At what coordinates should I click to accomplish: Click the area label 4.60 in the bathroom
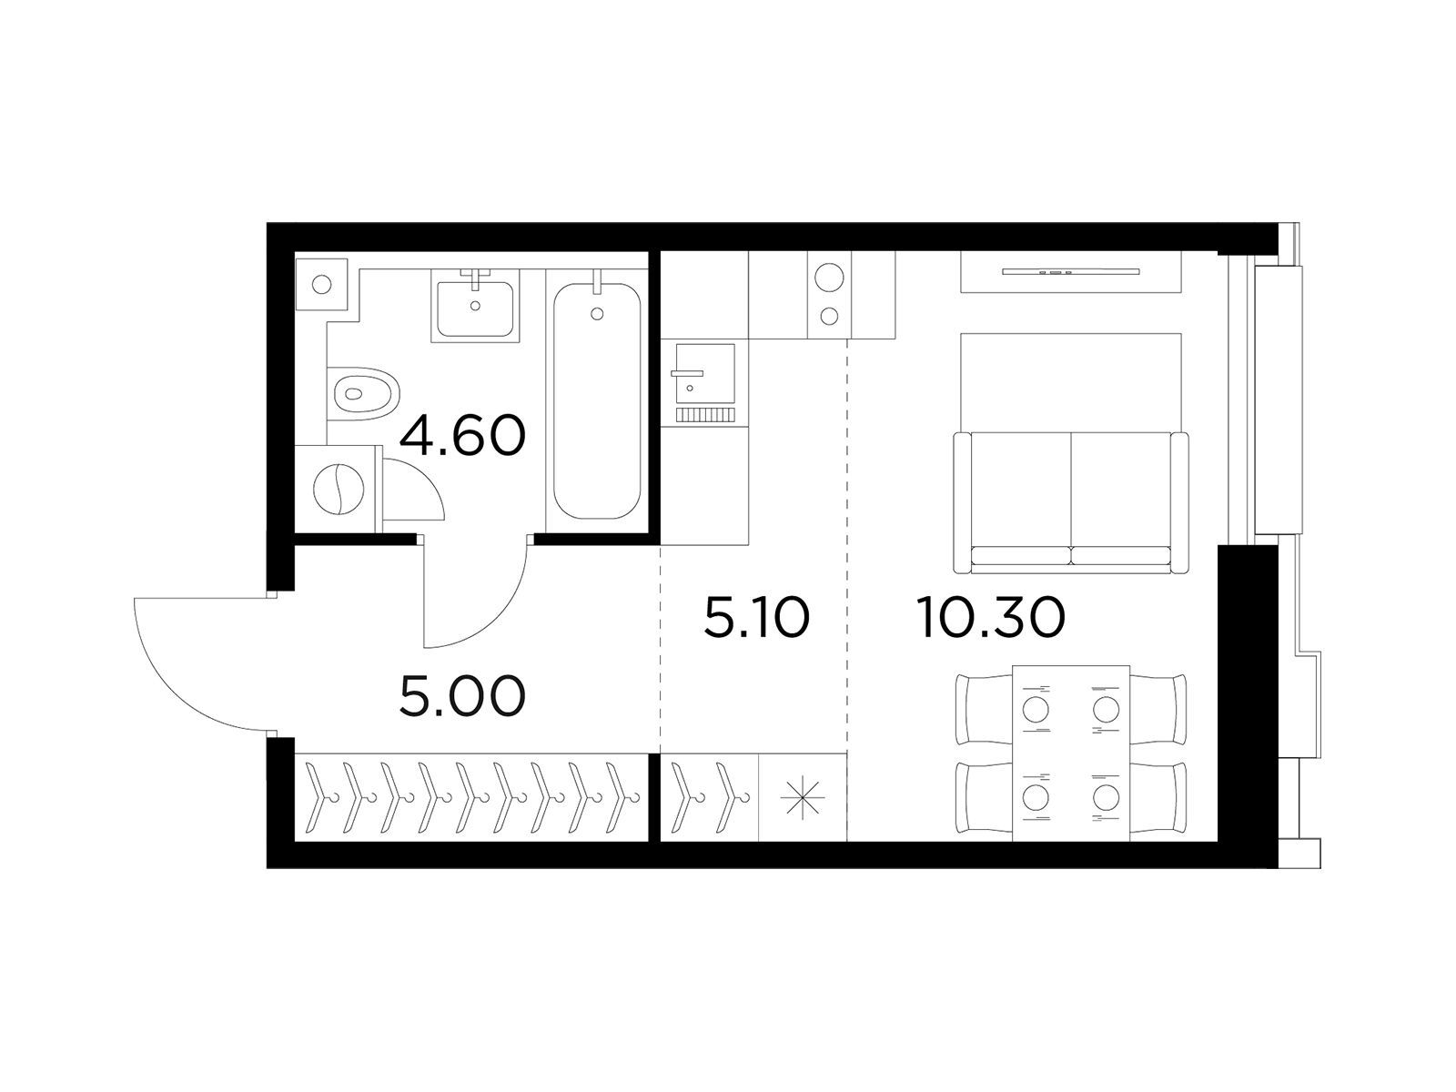[462, 436]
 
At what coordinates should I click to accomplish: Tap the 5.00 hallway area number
[462, 695]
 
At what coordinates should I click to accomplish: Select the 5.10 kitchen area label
[756, 617]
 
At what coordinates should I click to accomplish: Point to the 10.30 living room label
[993, 617]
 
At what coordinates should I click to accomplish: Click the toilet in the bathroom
[363, 393]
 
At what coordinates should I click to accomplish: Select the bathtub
[597, 401]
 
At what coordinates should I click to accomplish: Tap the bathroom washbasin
[475, 308]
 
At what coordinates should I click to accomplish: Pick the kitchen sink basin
[704, 372]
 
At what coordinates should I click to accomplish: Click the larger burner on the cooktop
[829, 278]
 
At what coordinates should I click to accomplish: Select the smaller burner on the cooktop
[829, 316]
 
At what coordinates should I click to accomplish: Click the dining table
[1070, 753]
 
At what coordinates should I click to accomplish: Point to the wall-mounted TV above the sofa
[1070, 271]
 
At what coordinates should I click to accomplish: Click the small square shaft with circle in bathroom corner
[322, 285]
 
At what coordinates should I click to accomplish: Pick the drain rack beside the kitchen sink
[704, 415]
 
